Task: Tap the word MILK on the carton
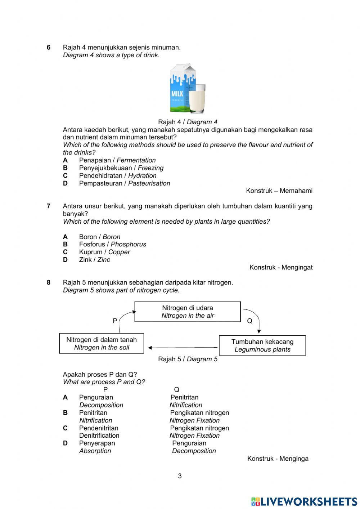177,94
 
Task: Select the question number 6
49,48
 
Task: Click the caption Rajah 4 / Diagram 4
188,122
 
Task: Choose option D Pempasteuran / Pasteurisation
124,183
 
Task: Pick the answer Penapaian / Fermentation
117,160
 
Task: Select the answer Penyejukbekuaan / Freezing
121,168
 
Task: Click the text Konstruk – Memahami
279,191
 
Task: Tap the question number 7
49,206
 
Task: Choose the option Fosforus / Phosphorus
112,244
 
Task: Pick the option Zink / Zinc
94,260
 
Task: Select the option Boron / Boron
99,237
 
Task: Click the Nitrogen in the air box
188,312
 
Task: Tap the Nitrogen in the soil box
102,344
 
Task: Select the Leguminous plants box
262,345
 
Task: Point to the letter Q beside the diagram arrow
249,321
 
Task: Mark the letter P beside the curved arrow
115,321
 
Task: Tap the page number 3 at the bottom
180,476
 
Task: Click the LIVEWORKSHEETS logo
304,501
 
